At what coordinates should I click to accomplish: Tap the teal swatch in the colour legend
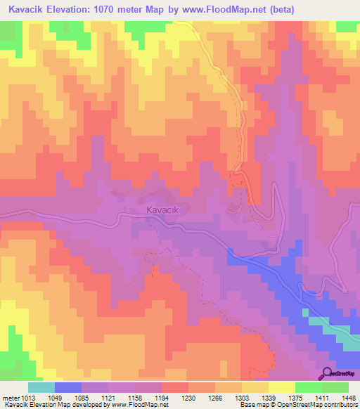click(x=41, y=387)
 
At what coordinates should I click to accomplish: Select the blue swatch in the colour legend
click(x=68, y=387)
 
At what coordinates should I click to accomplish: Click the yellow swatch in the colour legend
click(x=282, y=387)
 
